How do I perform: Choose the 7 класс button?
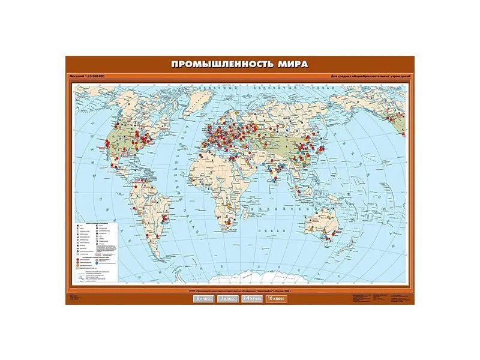227,298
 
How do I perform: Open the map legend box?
100,251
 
